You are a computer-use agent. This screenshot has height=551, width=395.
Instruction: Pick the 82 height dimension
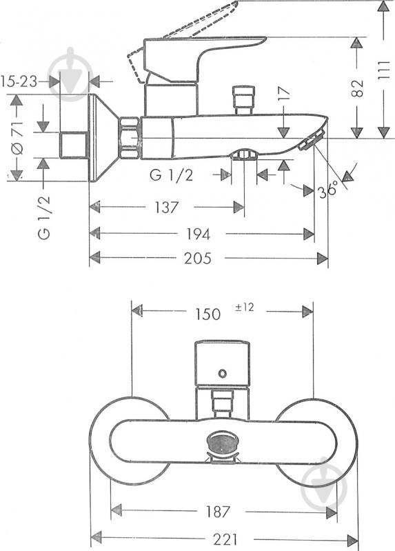tap(356, 88)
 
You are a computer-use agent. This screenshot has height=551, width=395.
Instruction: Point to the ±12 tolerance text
tap(245, 308)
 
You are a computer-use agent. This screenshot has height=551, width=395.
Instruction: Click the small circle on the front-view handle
tap(221, 373)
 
